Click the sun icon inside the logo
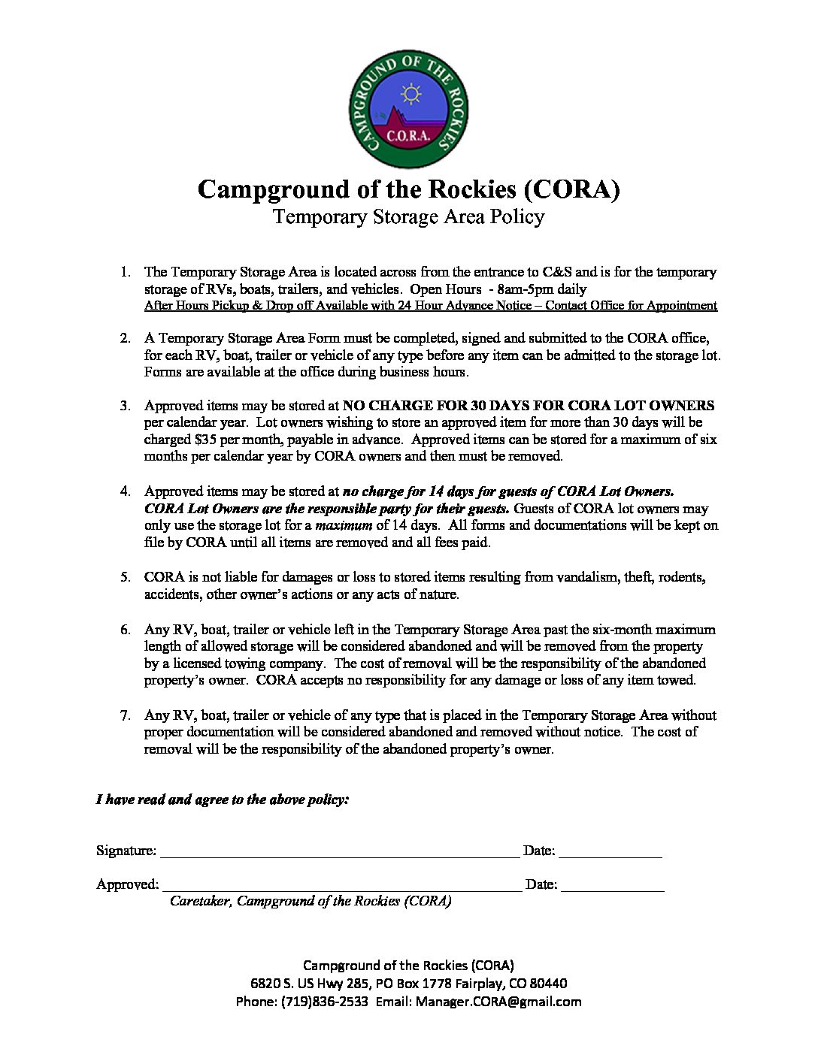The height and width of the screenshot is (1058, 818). (x=411, y=94)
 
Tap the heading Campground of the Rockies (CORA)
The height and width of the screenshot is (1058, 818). (x=408, y=189)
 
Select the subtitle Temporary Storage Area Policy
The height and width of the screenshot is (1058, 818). (x=408, y=217)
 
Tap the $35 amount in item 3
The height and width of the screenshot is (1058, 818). (x=206, y=440)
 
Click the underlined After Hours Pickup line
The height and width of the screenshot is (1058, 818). (x=430, y=306)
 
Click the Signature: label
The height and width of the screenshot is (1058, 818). (x=126, y=851)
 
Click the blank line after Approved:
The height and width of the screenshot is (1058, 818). (x=341, y=885)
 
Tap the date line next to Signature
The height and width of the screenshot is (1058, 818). (x=610, y=852)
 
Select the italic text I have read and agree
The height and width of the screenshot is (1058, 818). (x=222, y=800)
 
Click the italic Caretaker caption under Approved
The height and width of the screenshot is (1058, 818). (x=311, y=901)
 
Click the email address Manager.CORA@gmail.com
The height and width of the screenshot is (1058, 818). (x=498, y=1002)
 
